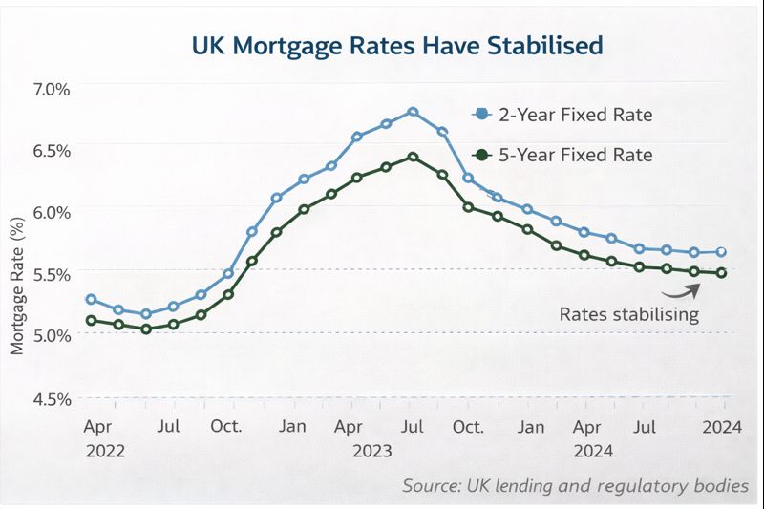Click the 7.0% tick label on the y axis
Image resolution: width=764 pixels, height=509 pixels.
(52, 89)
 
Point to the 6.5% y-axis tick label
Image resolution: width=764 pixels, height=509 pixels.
(52, 151)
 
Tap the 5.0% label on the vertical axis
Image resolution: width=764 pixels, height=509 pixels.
(52, 334)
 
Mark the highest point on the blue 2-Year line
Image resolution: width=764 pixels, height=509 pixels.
(413, 112)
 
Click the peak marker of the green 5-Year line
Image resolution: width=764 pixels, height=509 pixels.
(413, 157)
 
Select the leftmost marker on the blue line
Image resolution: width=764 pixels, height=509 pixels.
(91, 299)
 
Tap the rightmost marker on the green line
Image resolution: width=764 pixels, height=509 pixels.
(722, 273)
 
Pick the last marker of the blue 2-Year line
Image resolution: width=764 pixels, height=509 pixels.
(722, 252)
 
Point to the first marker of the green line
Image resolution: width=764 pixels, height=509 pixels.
(91, 321)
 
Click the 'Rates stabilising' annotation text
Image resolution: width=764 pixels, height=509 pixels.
(629, 313)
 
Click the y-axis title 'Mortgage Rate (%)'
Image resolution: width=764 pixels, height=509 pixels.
(17, 286)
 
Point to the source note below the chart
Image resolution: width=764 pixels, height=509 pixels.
(575, 486)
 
